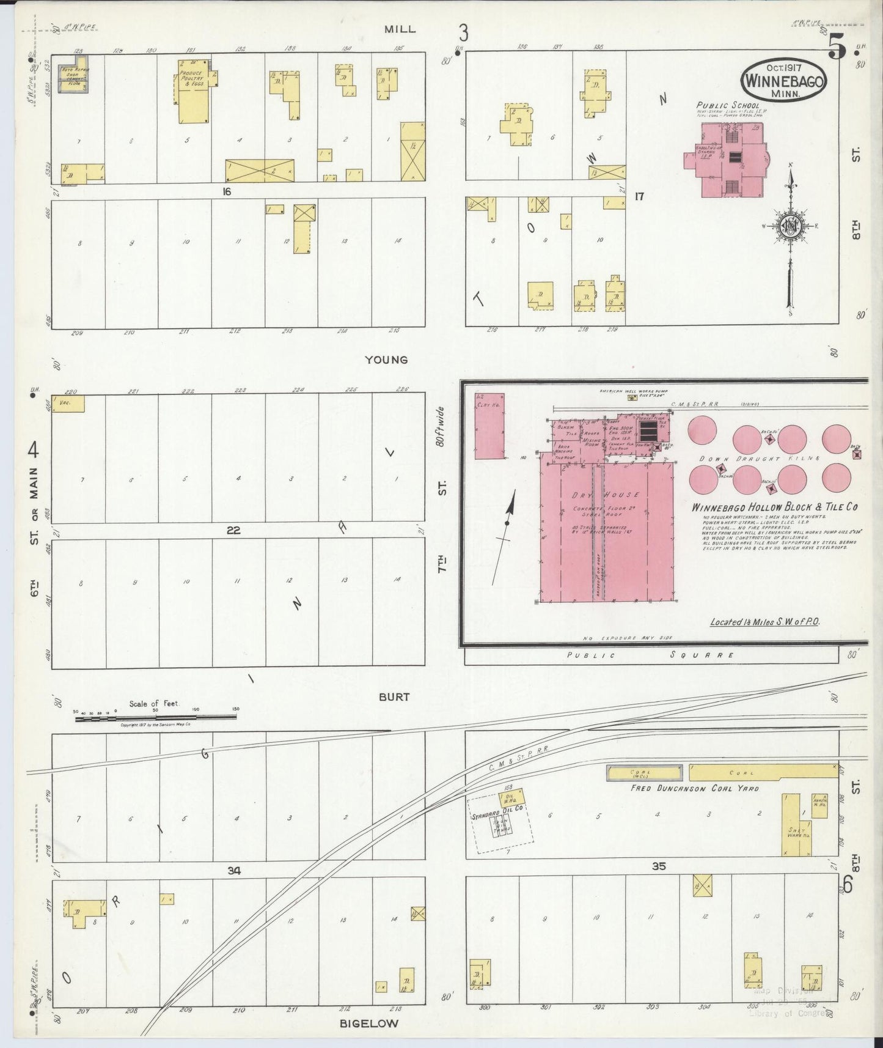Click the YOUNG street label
(386, 360)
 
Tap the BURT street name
(394, 696)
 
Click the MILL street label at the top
(400, 29)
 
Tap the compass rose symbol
(791, 227)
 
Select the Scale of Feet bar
(156, 718)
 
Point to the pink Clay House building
(490, 426)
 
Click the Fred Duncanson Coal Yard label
(695, 788)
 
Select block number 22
(233, 530)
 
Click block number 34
(234, 870)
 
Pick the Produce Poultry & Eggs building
(193, 92)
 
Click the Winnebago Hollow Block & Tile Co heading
(774, 507)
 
